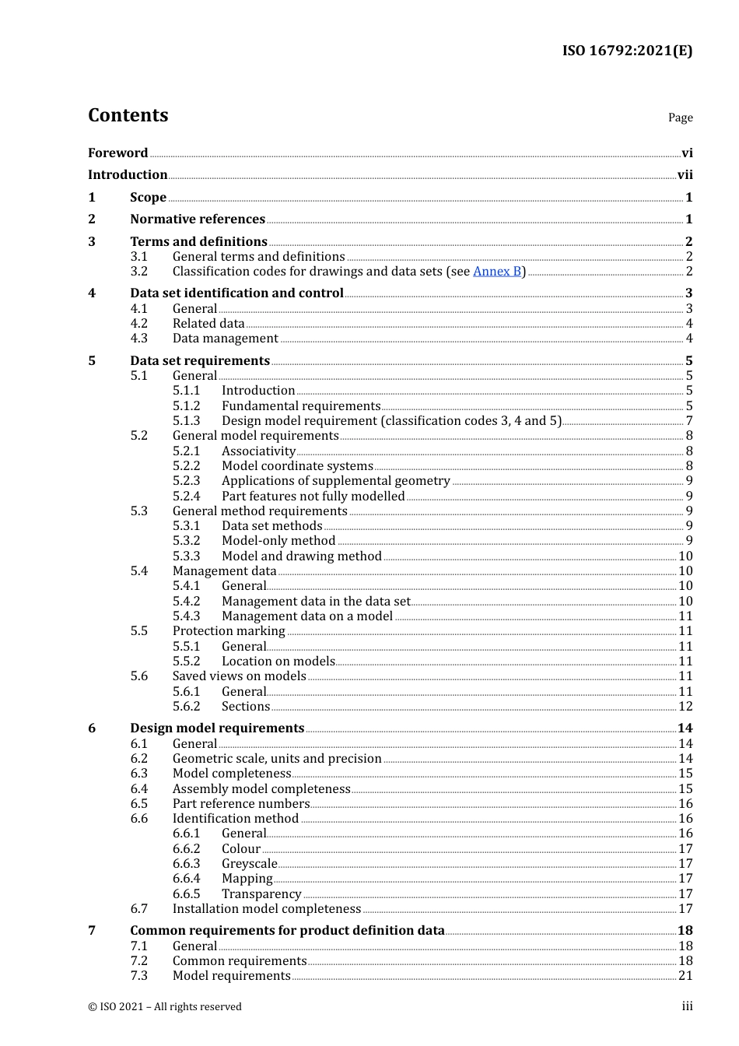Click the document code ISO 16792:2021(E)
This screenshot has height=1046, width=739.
click(x=627, y=51)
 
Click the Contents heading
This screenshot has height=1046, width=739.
click(x=128, y=115)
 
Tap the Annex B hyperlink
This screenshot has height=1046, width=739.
click(x=497, y=271)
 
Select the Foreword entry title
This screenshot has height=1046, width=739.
click(x=117, y=153)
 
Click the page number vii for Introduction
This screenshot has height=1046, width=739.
click(x=685, y=175)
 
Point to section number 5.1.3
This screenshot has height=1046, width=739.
click(x=186, y=421)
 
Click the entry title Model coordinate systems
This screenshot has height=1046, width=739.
click(x=297, y=466)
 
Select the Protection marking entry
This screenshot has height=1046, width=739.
click(x=229, y=631)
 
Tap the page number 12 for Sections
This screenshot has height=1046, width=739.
click(x=685, y=707)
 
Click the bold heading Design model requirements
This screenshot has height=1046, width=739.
click(x=217, y=728)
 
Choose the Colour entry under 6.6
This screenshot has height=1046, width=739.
click(x=241, y=849)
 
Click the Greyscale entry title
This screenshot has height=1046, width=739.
click(x=249, y=864)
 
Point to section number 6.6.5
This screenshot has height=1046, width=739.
click(x=186, y=894)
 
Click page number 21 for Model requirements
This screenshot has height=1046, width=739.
click(x=685, y=976)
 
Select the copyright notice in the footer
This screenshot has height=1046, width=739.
click(x=165, y=1007)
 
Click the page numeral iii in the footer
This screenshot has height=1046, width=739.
click(x=687, y=1006)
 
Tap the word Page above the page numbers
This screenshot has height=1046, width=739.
click(x=680, y=118)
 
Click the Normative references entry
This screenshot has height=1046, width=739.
click(x=198, y=219)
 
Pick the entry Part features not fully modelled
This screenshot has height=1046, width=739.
click(x=313, y=497)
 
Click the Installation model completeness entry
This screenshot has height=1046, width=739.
click(x=267, y=909)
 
